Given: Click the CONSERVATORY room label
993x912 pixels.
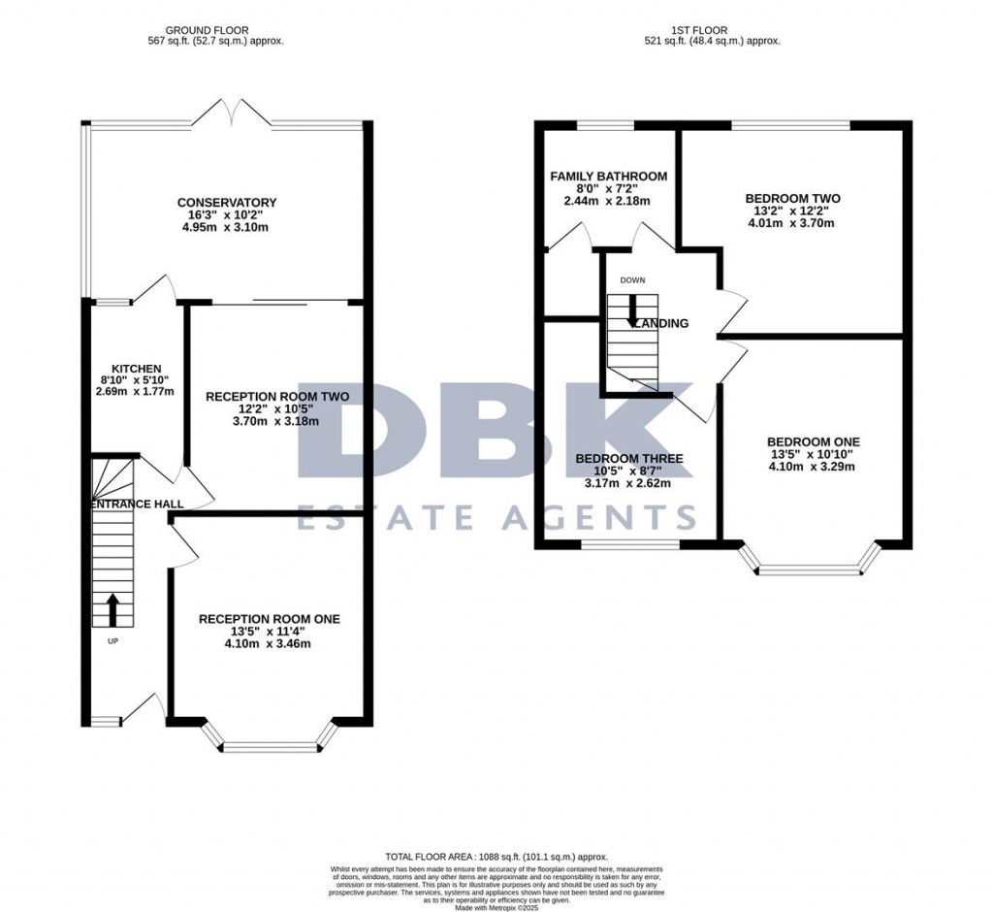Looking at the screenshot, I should click(x=227, y=203).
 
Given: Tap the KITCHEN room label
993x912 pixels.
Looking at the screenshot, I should click(x=135, y=369).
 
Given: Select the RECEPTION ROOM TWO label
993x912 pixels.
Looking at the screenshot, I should click(x=263, y=396).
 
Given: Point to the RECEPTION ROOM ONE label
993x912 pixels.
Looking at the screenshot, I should click(x=270, y=619).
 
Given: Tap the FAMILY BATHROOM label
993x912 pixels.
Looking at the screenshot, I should click(x=608, y=177).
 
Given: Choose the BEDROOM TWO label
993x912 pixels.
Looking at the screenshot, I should click(x=792, y=199).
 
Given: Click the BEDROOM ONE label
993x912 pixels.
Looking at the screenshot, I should click(x=813, y=441).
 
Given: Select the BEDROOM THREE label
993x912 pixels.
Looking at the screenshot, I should click(x=628, y=459).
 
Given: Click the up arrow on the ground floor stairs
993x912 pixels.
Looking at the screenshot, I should click(x=112, y=609).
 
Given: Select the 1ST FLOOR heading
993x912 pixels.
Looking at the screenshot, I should click(x=712, y=30).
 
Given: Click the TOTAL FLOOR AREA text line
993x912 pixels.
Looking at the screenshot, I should click(x=496, y=857).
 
